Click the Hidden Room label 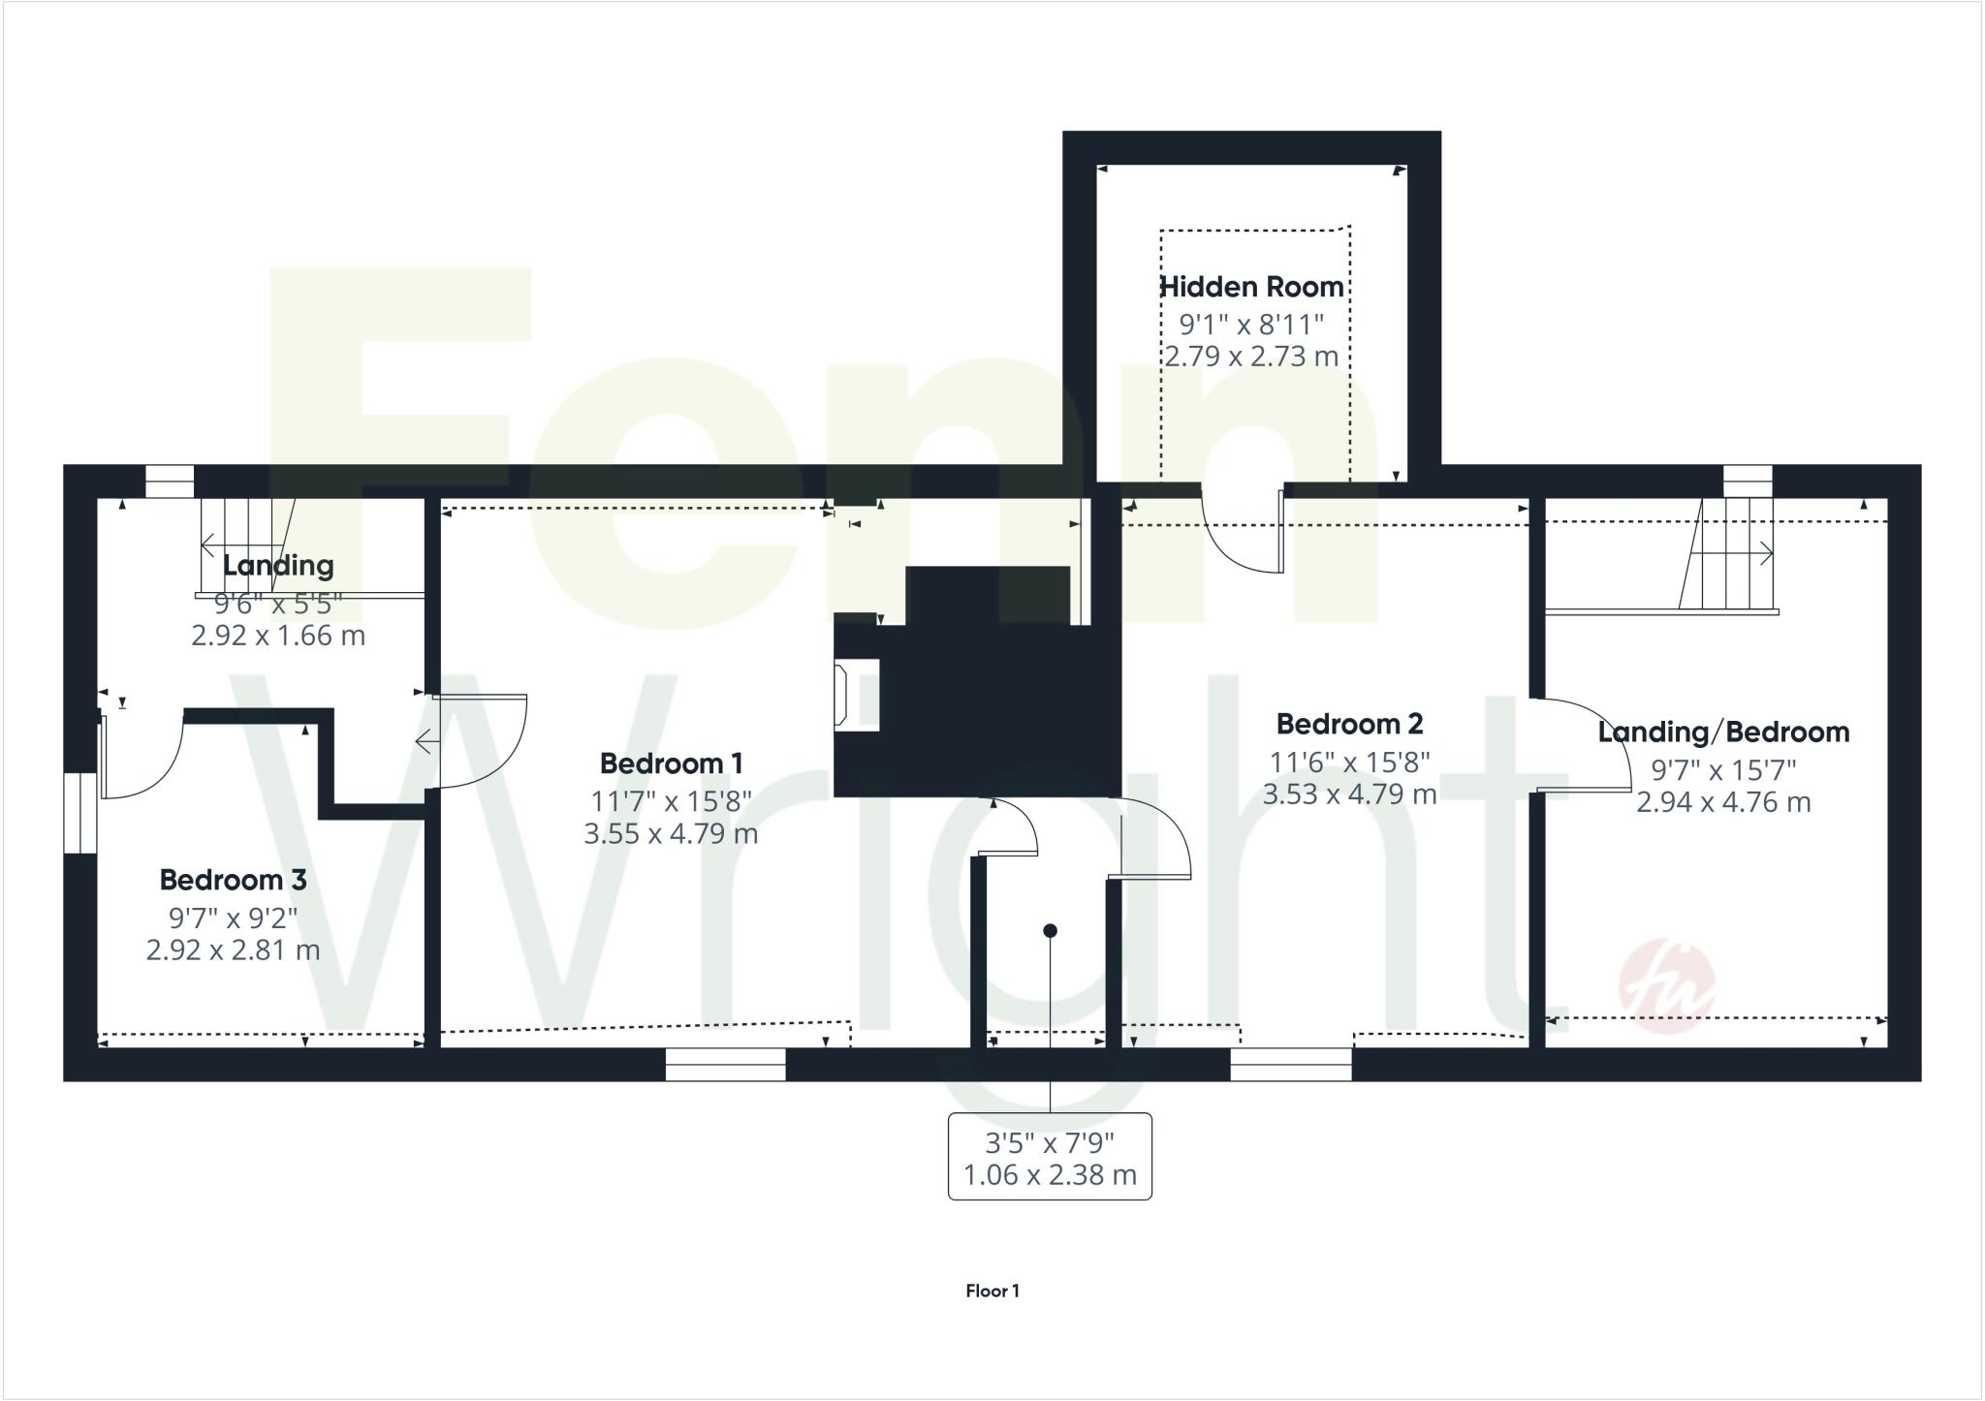(x=1251, y=287)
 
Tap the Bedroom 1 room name (x=671, y=763)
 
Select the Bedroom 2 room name (x=1349, y=724)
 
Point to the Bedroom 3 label (x=233, y=880)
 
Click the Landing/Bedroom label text (x=1722, y=732)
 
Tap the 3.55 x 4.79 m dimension (x=671, y=833)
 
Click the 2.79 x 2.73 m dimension (x=1251, y=356)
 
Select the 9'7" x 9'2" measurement (x=233, y=916)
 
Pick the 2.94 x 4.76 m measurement (x=1722, y=802)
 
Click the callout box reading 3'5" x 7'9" (x=1050, y=1157)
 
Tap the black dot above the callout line (x=1050, y=931)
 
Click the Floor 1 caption (x=992, y=1291)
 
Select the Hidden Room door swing (x=1241, y=533)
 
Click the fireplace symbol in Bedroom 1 (x=841, y=694)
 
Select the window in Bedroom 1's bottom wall (x=725, y=1064)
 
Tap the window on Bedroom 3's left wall (x=80, y=812)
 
